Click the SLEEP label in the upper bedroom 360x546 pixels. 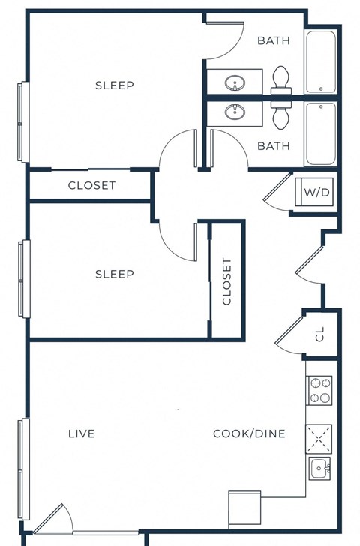pyautogui.click(x=115, y=85)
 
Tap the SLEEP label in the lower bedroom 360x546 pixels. pyautogui.click(x=115, y=274)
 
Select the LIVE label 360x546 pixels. pyautogui.click(x=82, y=433)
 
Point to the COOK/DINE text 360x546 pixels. pyautogui.click(x=249, y=433)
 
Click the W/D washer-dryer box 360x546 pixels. pyautogui.click(x=316, y=193)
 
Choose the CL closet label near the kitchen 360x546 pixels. pyautogui.click(x=319, y=334)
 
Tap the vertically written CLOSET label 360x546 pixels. pyautogui.click(x=227, y=282)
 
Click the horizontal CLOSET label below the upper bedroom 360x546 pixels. pyautogui.click(x=91, y=185)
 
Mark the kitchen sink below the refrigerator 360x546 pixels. pyautogui.click(x=320, y=469)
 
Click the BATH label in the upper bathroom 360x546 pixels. pyautogui.click(x=273, y=40)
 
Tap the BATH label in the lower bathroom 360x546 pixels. pyautogui.click(x=273, y=146)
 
